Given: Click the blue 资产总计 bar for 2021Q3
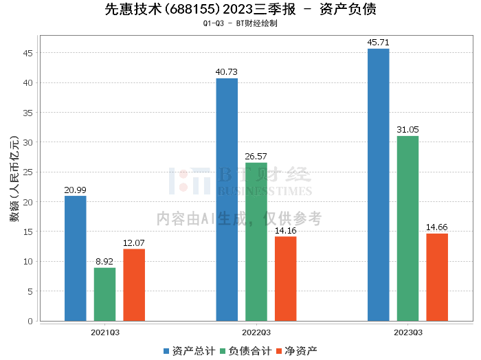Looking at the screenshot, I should click(76, 258).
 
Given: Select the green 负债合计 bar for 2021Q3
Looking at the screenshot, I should click(105, 294).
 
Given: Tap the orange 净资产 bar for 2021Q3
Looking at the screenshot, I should click(134, 284).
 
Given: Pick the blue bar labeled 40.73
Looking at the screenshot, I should click(227, 199).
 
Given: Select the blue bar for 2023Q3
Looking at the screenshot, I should click(379, 185).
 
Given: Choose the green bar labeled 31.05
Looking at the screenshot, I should click(407, 228).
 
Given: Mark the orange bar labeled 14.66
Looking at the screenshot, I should click(437, 277).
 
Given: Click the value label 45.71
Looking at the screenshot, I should click(379, 43).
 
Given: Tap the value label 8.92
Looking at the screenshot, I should click(105, 262).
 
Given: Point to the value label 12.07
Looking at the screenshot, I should click(134, 243).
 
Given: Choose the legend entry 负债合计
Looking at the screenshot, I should click(244, 351).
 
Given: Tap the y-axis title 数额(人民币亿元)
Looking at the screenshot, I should click(13, 184).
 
